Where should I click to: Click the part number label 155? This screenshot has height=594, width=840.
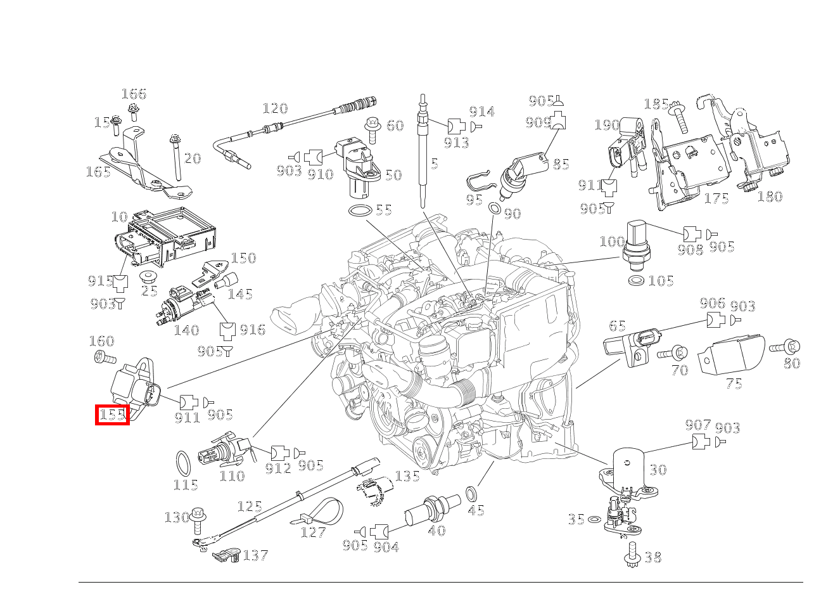[112, 415]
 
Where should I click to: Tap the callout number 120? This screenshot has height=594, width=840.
[275, 109]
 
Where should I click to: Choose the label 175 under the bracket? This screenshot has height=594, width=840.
[716, 198]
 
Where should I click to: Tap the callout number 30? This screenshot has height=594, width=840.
[658, 470]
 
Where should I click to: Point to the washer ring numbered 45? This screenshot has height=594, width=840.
[472, 493]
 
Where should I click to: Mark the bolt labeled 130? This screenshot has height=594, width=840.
[199, 518]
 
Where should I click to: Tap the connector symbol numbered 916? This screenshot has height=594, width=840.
[227, 330]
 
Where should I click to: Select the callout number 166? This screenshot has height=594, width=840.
[134, 94]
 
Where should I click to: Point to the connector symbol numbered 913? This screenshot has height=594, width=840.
[456, 126]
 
